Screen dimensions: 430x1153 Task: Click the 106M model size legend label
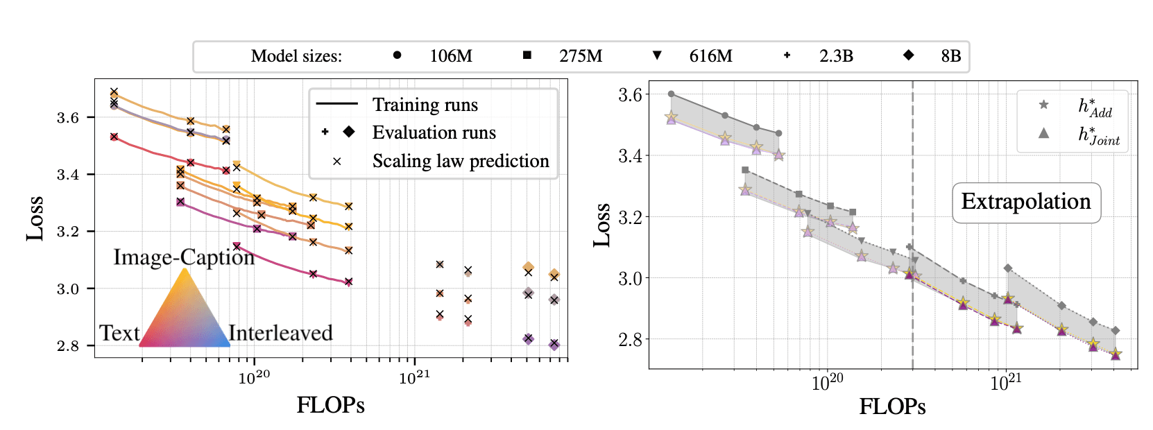click(451, 56)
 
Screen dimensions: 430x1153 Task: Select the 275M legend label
click(581, 56)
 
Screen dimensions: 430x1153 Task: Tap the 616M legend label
click(710, 56)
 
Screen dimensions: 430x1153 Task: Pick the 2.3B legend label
click(836, 56)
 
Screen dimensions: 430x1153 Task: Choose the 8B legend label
click(951, 56)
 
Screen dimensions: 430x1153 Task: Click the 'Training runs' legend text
click(425, 105)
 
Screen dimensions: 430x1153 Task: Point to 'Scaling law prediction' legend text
click(461, 161)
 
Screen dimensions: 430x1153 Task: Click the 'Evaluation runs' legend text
click(434, 132)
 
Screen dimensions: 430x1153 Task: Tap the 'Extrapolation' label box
click(1026, 202)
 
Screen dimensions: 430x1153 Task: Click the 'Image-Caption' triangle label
click(184, 257)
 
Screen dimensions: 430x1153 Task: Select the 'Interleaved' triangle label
click(280, 333)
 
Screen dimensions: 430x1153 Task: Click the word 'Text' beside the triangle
click(119, 333)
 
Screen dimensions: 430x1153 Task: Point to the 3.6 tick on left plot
click(68, 117)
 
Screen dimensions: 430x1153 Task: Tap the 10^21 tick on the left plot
click(414, 377)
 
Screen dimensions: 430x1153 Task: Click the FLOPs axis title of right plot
click(892, 406)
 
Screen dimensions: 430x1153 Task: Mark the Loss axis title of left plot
click(35, 218)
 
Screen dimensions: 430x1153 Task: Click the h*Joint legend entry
click(1098, 135)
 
